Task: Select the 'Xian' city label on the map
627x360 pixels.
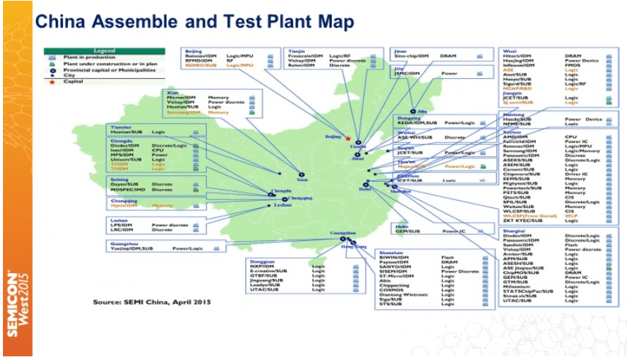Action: pyautogui.click(x=303, y=179)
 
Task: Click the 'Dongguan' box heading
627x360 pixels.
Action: pyautogui.click(x=262, y=261)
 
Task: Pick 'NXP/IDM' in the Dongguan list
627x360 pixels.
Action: pyautogui.click(x=262, y=267)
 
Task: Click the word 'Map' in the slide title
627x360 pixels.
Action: pyautogui.click(x=332, y=21)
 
